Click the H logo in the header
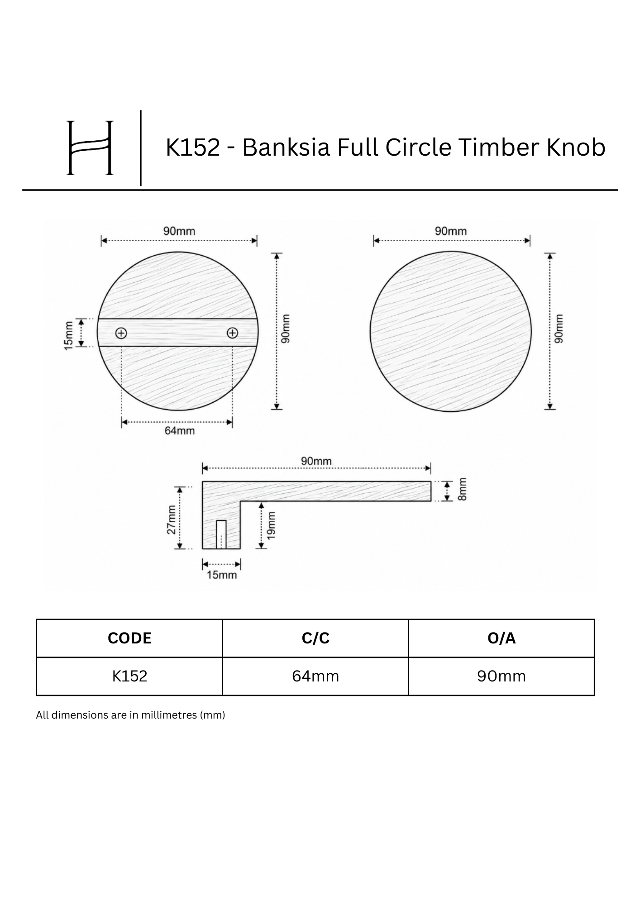click(x=90, y=148)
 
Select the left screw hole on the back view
click(x=121, y=333)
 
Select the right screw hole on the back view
click(x=232, y=333)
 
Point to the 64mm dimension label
click(x=179, y=431)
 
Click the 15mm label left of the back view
click(x=68, y=335)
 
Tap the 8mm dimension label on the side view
click(x=462, y=489)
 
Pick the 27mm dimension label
click(x=171, y=519)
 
